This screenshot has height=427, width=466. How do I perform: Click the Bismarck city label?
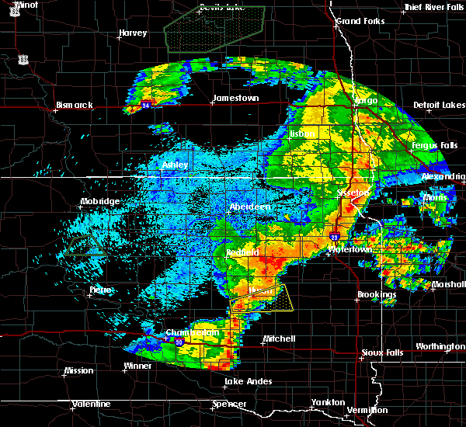75,105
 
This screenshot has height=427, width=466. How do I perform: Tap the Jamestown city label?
236,98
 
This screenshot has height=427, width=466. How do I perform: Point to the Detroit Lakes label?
439,105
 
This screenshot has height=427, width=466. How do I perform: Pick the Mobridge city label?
100,202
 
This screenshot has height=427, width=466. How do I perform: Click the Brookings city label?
377,295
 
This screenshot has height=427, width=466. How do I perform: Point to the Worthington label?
440,346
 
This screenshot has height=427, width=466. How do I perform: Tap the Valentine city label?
91,404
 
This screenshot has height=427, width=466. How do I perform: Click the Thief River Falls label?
433,8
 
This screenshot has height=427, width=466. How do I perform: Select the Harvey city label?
133,33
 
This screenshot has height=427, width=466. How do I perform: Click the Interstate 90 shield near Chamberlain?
179,342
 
